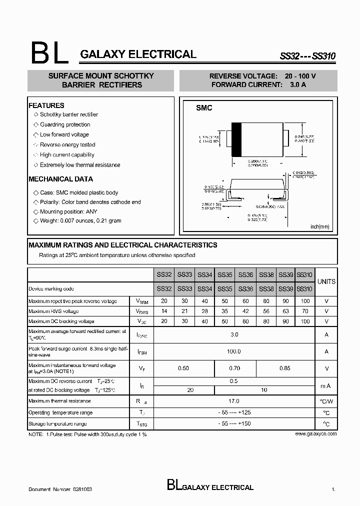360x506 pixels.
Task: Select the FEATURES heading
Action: [x=46, y=105]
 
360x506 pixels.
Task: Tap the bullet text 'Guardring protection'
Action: [x=65, y=124]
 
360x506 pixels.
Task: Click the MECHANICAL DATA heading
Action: [x=60, y=179]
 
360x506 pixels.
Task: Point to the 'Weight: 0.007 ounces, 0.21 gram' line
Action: [x=80, y=220]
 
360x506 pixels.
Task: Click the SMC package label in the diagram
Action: [x=204, y=108]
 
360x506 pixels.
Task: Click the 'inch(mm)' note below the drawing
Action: [x=320, y=226]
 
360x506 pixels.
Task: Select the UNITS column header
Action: [x=326, y=281]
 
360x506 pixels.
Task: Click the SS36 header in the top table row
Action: [x=245, y=274]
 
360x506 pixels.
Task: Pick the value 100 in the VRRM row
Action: [x=304, y=301]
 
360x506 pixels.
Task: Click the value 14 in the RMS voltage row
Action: [x=164, y=311]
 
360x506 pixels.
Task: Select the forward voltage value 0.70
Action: [x=234, y=368]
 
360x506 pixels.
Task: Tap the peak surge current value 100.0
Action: [x=234, y=351]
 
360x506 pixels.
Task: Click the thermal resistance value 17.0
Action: [x=234, y=401]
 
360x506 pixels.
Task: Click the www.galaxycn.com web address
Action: [x=315, y=434]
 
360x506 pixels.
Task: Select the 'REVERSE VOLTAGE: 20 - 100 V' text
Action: [x=262, y=76]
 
